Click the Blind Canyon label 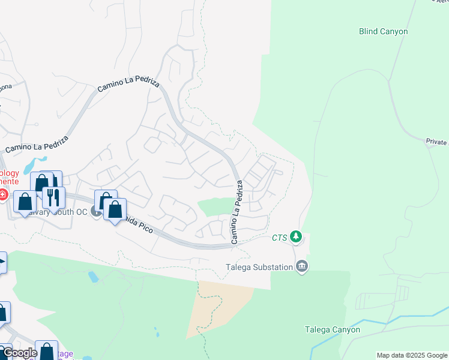383,31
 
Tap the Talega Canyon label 332,329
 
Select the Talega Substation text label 260,267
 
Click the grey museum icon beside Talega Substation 302,266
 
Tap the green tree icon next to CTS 295,238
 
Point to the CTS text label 279,238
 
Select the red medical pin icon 3,194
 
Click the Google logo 19,353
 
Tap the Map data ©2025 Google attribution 412,355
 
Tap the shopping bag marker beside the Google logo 46,351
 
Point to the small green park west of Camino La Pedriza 214,206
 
